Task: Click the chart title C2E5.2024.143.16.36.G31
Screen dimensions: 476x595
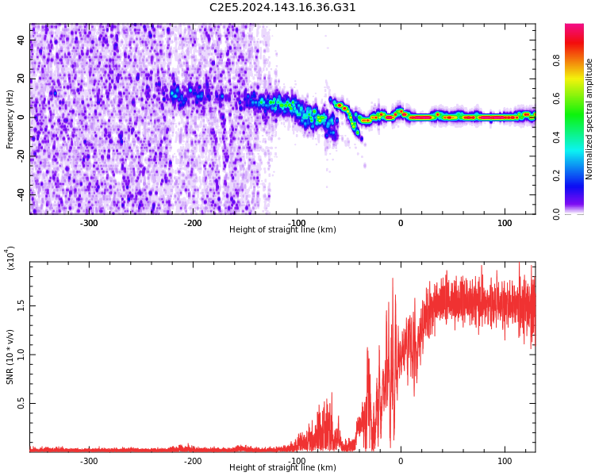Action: [x=282, y=8]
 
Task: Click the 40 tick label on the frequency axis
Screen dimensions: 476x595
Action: [x=21, y=40]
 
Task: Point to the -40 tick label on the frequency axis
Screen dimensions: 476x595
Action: [x=20, y=194]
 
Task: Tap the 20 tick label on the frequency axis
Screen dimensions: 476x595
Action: [x=21, y=79]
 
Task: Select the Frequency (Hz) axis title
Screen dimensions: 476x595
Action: [x=10, y=119]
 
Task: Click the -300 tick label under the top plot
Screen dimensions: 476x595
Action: [x=89, y=223]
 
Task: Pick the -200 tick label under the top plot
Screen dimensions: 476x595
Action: [x=193, y=223]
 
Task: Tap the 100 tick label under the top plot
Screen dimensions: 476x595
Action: [x=505, y=223]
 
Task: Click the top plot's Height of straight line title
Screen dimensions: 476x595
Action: [x=282, y=230]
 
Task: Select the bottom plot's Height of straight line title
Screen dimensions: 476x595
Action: [x=282, y=468]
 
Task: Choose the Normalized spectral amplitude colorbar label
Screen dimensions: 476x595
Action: [x=589, y=119]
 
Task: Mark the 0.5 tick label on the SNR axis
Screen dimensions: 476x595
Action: [x=21, y=403]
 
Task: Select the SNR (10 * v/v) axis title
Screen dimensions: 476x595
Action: [x=10, y=357]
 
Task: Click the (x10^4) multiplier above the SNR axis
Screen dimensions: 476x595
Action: [x=11, y=259]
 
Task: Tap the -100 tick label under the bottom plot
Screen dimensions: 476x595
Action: [x=297, y=461]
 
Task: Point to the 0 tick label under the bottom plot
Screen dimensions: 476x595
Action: [x=401, y=461]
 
